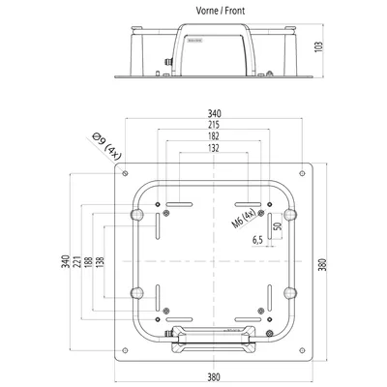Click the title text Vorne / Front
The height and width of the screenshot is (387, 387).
(x=221, y=11)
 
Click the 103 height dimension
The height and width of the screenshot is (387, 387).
(x=318, y=47)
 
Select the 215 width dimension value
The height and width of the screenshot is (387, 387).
(x=214, y=125)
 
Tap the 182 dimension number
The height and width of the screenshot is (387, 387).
(x=214, y=135)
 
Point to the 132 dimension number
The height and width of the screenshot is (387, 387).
(x=214, y=148)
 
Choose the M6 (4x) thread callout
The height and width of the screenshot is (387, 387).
(x=244, y=219)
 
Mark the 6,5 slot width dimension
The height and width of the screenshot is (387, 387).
(x=257, y=240)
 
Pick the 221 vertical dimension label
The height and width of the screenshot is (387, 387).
(x=76, y=261)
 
